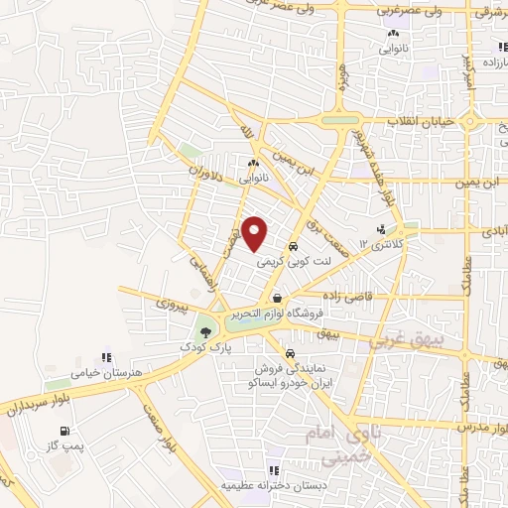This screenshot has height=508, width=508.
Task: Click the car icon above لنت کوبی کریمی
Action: click(293, 247)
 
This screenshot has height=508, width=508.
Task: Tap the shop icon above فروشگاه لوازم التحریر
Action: click(278, 297)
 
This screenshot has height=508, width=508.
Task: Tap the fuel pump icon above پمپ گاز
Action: click(65, 431)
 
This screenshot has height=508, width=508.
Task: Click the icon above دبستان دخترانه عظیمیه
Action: click(271, 471)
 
